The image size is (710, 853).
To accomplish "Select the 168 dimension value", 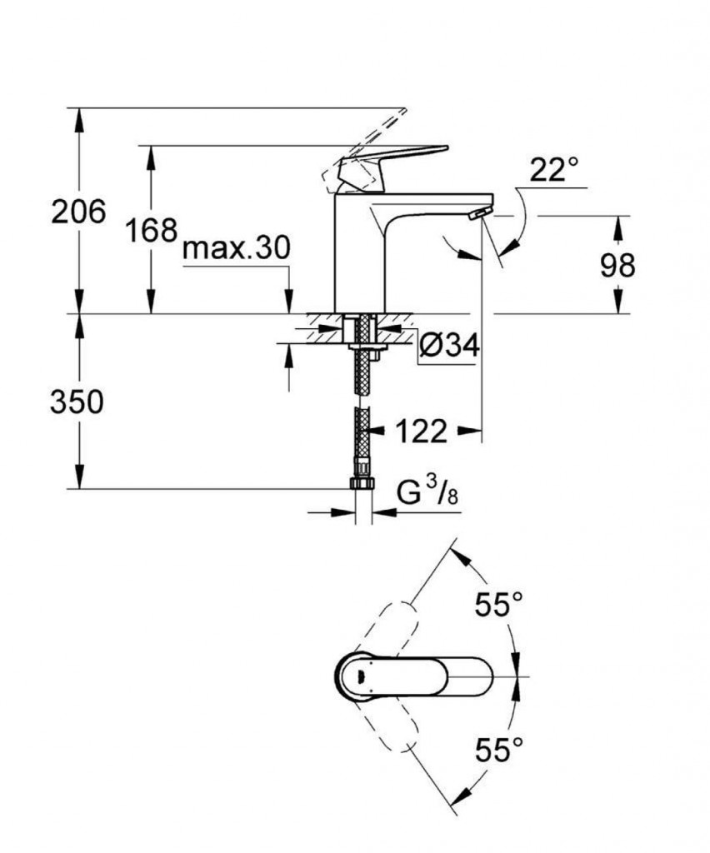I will [152, 229].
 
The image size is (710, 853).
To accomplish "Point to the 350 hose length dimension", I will [77, 402].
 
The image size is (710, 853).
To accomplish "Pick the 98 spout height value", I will [617, 266].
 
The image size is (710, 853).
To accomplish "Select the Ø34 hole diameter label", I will [449, 344].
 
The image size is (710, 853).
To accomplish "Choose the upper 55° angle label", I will [499, 604].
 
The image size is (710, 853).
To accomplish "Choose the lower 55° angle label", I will [499, 751].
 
